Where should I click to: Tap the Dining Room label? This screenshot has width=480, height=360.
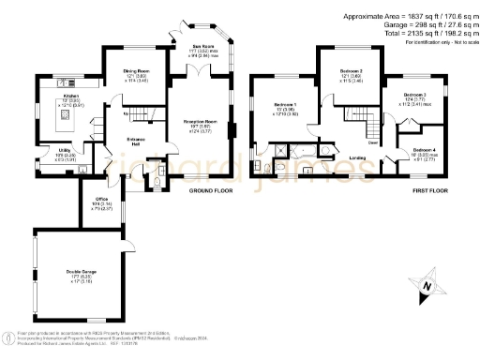click(x=138, y=72)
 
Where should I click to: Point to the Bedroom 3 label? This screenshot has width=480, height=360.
click(x=415, y=95)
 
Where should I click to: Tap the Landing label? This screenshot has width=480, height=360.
click(x=357, y=157)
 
